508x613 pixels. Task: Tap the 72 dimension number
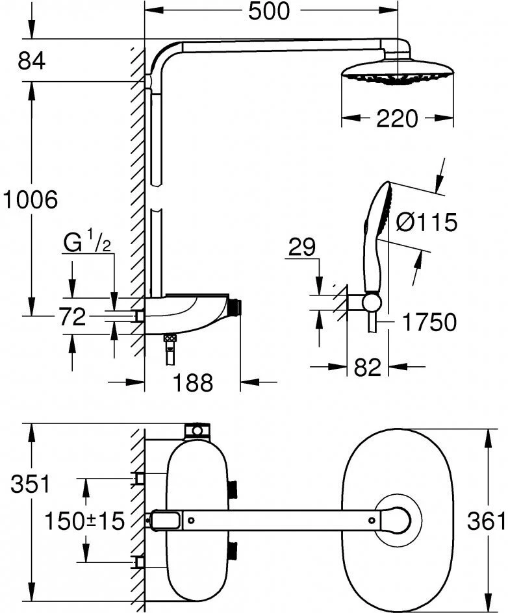point(72,318)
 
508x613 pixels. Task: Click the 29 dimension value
point(301,247)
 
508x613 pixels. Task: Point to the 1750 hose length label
point(428,321)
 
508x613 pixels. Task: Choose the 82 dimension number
point(367,368)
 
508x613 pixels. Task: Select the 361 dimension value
point(486,520)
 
